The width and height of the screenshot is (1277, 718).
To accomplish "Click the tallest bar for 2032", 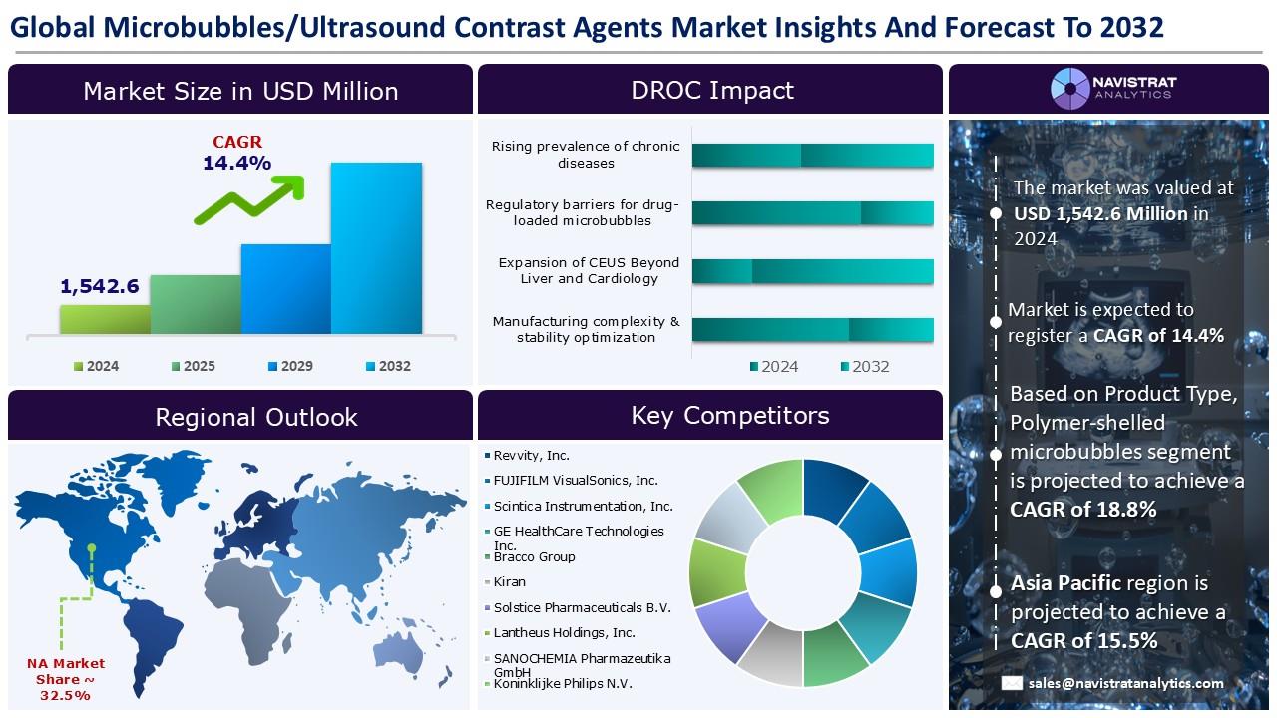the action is (376, 248).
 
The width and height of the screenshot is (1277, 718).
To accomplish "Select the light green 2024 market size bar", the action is (106, 319).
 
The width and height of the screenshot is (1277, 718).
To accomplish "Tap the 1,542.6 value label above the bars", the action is (100, 286).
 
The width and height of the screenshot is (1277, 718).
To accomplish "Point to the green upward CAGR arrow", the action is (249, 199).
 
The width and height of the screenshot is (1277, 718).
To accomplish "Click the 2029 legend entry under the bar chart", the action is (290, 366).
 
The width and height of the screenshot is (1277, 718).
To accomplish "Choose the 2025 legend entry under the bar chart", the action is (194, 366).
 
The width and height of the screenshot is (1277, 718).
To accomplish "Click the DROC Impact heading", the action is (712, 90).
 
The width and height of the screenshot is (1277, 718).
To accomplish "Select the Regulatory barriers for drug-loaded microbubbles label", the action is (582, 212).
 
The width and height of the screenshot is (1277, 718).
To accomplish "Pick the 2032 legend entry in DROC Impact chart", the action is (865, 366).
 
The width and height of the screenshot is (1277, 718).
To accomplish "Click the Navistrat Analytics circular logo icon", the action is (1070, 89).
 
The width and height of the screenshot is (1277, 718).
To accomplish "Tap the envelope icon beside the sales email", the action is (1012, 683).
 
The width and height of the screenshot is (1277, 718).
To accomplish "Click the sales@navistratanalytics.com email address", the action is (1126, 683).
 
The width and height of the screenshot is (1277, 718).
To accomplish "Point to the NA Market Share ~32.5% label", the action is (66, 679).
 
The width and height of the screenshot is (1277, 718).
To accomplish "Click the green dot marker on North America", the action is (91, 548).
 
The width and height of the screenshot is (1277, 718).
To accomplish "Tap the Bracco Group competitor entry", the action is (534, 556).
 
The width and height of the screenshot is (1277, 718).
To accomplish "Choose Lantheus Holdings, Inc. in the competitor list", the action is (564, 632).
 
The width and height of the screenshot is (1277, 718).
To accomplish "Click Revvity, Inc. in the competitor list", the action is (531, 456).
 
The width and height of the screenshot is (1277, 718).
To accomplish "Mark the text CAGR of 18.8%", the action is (1083, 509).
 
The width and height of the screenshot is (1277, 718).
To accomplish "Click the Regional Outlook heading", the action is (256, 417).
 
